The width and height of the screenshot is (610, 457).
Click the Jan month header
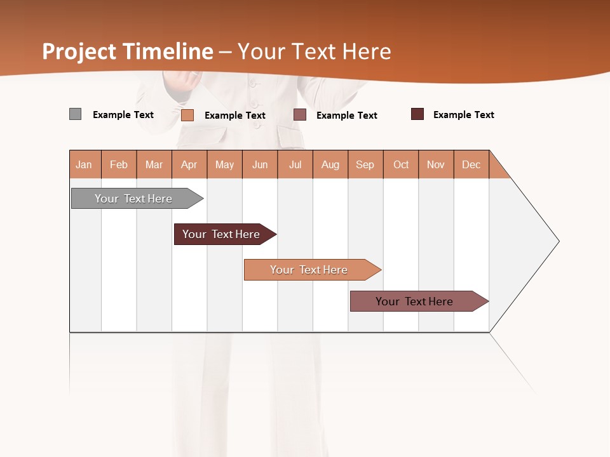(x=84, y=164)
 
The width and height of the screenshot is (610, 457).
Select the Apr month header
(x=189, y=164)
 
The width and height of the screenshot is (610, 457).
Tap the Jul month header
(x=295, y=164)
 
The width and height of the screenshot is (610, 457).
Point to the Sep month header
(x=365, y=164)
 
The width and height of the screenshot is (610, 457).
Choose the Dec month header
(x=471, y=164)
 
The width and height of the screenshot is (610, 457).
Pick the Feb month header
(x=119, y=164)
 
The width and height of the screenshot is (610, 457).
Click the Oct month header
(x=401, y=164)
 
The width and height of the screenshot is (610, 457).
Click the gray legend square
(x=75, y=114)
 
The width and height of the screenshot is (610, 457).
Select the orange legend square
(x=187, y=115)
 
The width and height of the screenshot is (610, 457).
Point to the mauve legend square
(x=300, y=115)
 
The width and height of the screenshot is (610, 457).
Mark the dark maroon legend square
(x=417, y=114)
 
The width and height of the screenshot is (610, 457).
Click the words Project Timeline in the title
(x=127, y=51)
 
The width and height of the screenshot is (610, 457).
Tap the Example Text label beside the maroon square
(x=463, y=115)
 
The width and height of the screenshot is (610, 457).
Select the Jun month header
(x=260, y=164)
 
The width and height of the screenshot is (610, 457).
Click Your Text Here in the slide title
(x=315, y=51)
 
